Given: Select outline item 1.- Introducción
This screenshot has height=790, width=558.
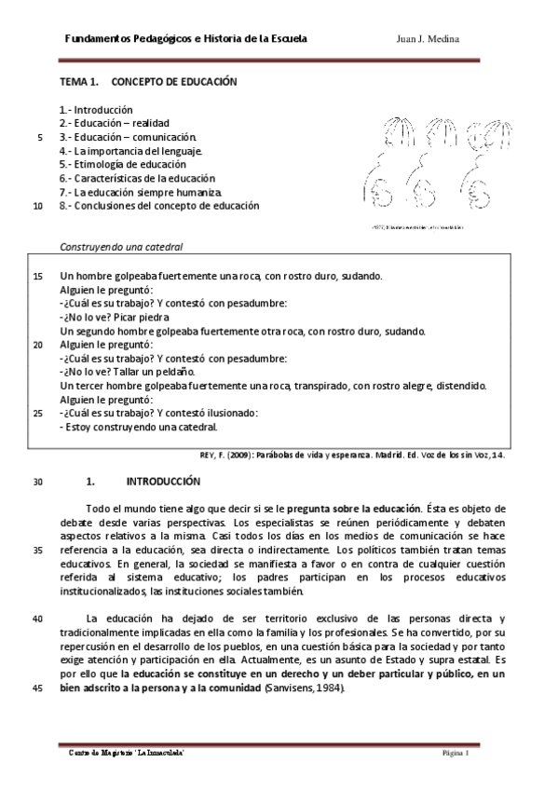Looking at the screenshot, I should [96, 110].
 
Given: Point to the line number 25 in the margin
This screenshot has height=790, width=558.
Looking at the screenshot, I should [37, 414].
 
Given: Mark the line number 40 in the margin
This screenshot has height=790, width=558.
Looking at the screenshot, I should [37, 619].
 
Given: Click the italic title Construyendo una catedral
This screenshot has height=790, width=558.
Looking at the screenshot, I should [121, 248].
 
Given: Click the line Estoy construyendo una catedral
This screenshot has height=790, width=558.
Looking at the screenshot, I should [138, 428].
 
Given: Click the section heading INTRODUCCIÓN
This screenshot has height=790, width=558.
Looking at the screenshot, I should [163, 482].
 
